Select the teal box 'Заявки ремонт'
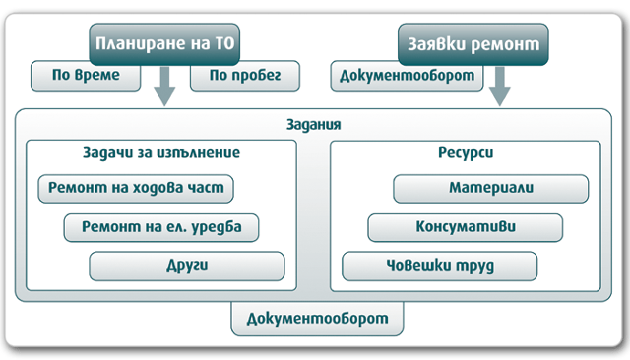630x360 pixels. coord(472,43)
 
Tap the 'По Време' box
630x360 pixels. coord(88,76)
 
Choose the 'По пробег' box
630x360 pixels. coord(244,76)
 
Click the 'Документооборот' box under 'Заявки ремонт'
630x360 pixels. coord(407,76)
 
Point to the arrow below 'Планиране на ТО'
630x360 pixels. coord(166,88)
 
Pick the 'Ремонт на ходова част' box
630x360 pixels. coord(135,189)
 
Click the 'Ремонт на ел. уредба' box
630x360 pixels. coord(162,227)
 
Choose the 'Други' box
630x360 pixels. coord(188,265)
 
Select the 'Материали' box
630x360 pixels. coord(490,189)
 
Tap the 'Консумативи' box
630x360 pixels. coord(465,227)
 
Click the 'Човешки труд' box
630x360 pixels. coord(439,265)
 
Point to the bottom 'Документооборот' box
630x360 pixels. coord(317,320)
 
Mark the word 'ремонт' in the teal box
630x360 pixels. coord(507,43)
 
